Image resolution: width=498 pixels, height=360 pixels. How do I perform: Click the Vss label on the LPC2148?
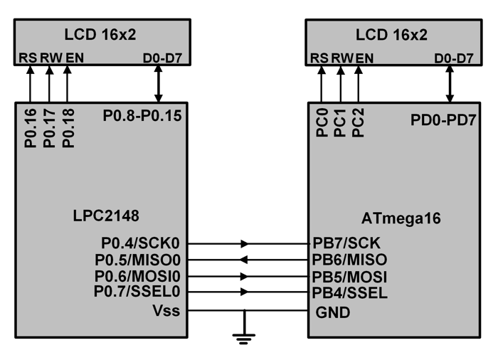[x=167, y=310]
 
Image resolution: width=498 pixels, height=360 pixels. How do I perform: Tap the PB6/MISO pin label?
[x=347, y=260]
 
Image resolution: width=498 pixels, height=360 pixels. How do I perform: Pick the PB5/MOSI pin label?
[x=349, y=276]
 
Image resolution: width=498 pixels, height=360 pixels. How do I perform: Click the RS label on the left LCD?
[x=29, y=58]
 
